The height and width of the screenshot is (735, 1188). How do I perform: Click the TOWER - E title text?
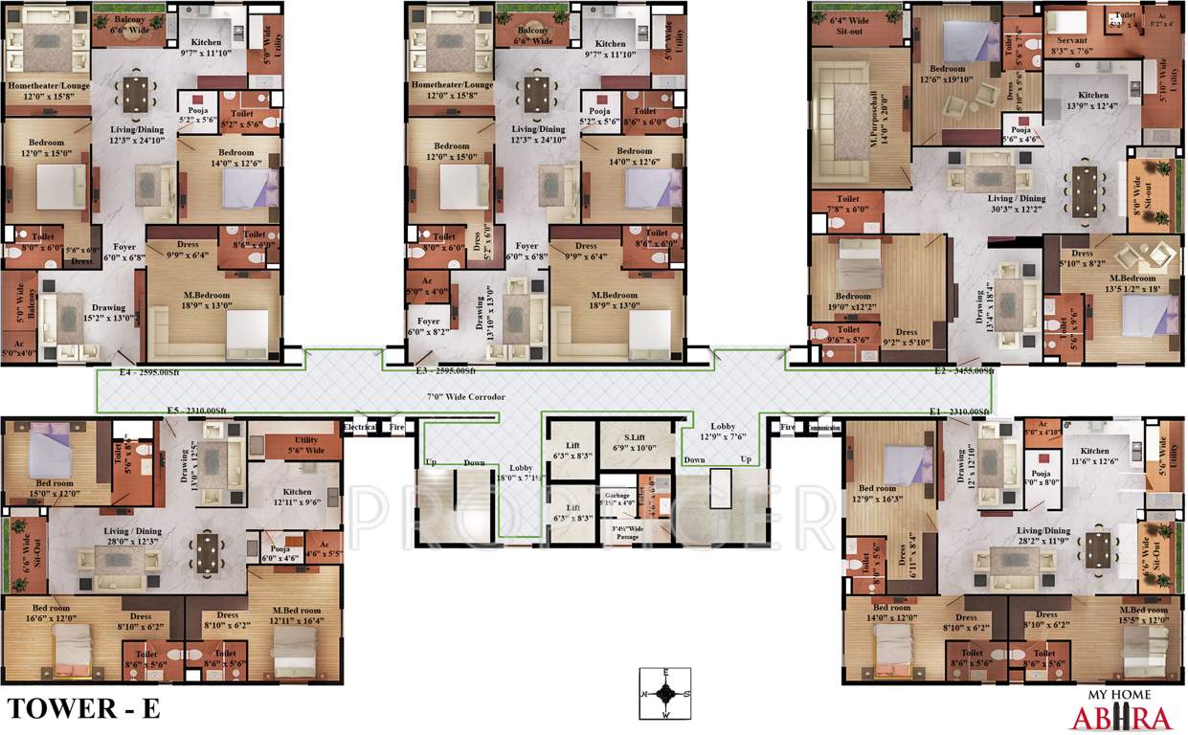(x=83, y=709)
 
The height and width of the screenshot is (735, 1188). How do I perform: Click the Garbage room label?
(x=617, y=498)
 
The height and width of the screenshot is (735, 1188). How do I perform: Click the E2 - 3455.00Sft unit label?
(x=965, y=370)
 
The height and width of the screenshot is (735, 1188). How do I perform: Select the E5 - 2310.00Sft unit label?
(x=196, y=412)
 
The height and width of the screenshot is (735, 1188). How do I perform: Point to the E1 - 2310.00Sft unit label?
(x=960, y=412)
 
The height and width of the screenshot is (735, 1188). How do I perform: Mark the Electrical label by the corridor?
(x=360, y=428)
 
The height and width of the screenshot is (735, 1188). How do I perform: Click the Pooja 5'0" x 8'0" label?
(x=1040, y=479)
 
